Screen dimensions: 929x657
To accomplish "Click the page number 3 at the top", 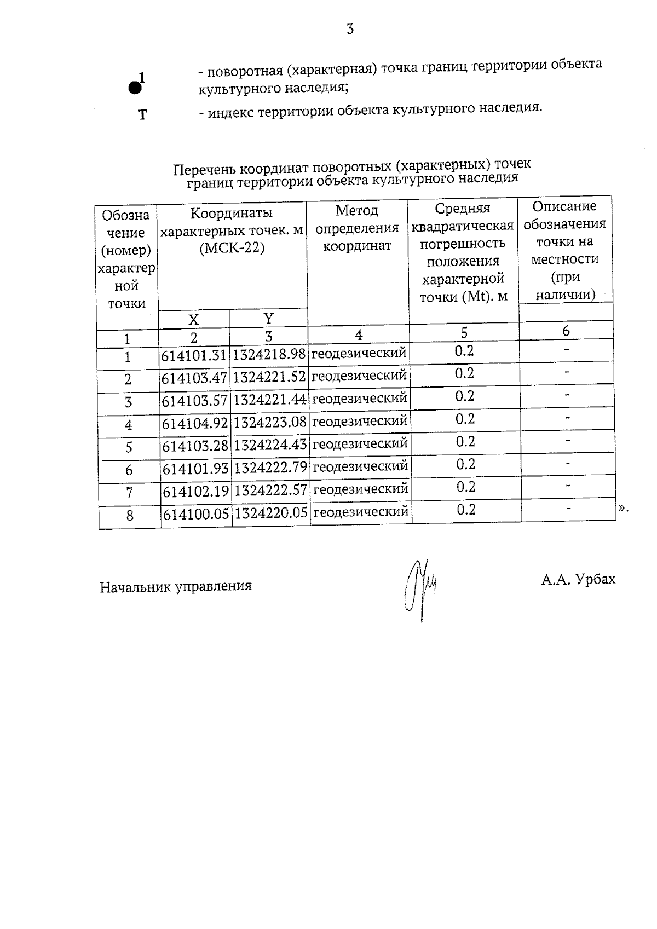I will [x=350, y=29].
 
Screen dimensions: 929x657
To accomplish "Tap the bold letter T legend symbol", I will [x=142, y=115].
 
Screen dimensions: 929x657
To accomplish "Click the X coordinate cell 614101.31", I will [x=194, y=356].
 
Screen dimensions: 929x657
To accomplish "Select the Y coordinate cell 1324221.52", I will [x=269, y=377].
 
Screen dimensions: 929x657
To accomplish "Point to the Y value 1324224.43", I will [x=270, y=445].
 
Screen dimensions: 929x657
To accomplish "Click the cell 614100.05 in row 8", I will [x=196, y=514].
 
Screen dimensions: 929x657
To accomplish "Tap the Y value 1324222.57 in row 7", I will [x=270, y=490].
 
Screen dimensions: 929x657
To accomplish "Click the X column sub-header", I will [x=193, y=320].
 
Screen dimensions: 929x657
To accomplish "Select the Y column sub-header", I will [x=268, y=318].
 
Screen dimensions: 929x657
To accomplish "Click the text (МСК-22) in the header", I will [x=232, y=248].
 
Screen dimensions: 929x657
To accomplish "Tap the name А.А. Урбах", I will [x=578, y=579].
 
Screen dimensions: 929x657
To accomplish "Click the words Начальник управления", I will [x=176, y=587].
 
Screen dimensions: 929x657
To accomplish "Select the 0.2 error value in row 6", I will [x=465, y=464].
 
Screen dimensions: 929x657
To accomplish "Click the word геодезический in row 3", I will [x=359, y=399].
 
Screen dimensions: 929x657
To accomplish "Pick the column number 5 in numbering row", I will [x=464, y=332].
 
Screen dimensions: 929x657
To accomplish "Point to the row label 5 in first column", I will [x=129, y=447].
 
